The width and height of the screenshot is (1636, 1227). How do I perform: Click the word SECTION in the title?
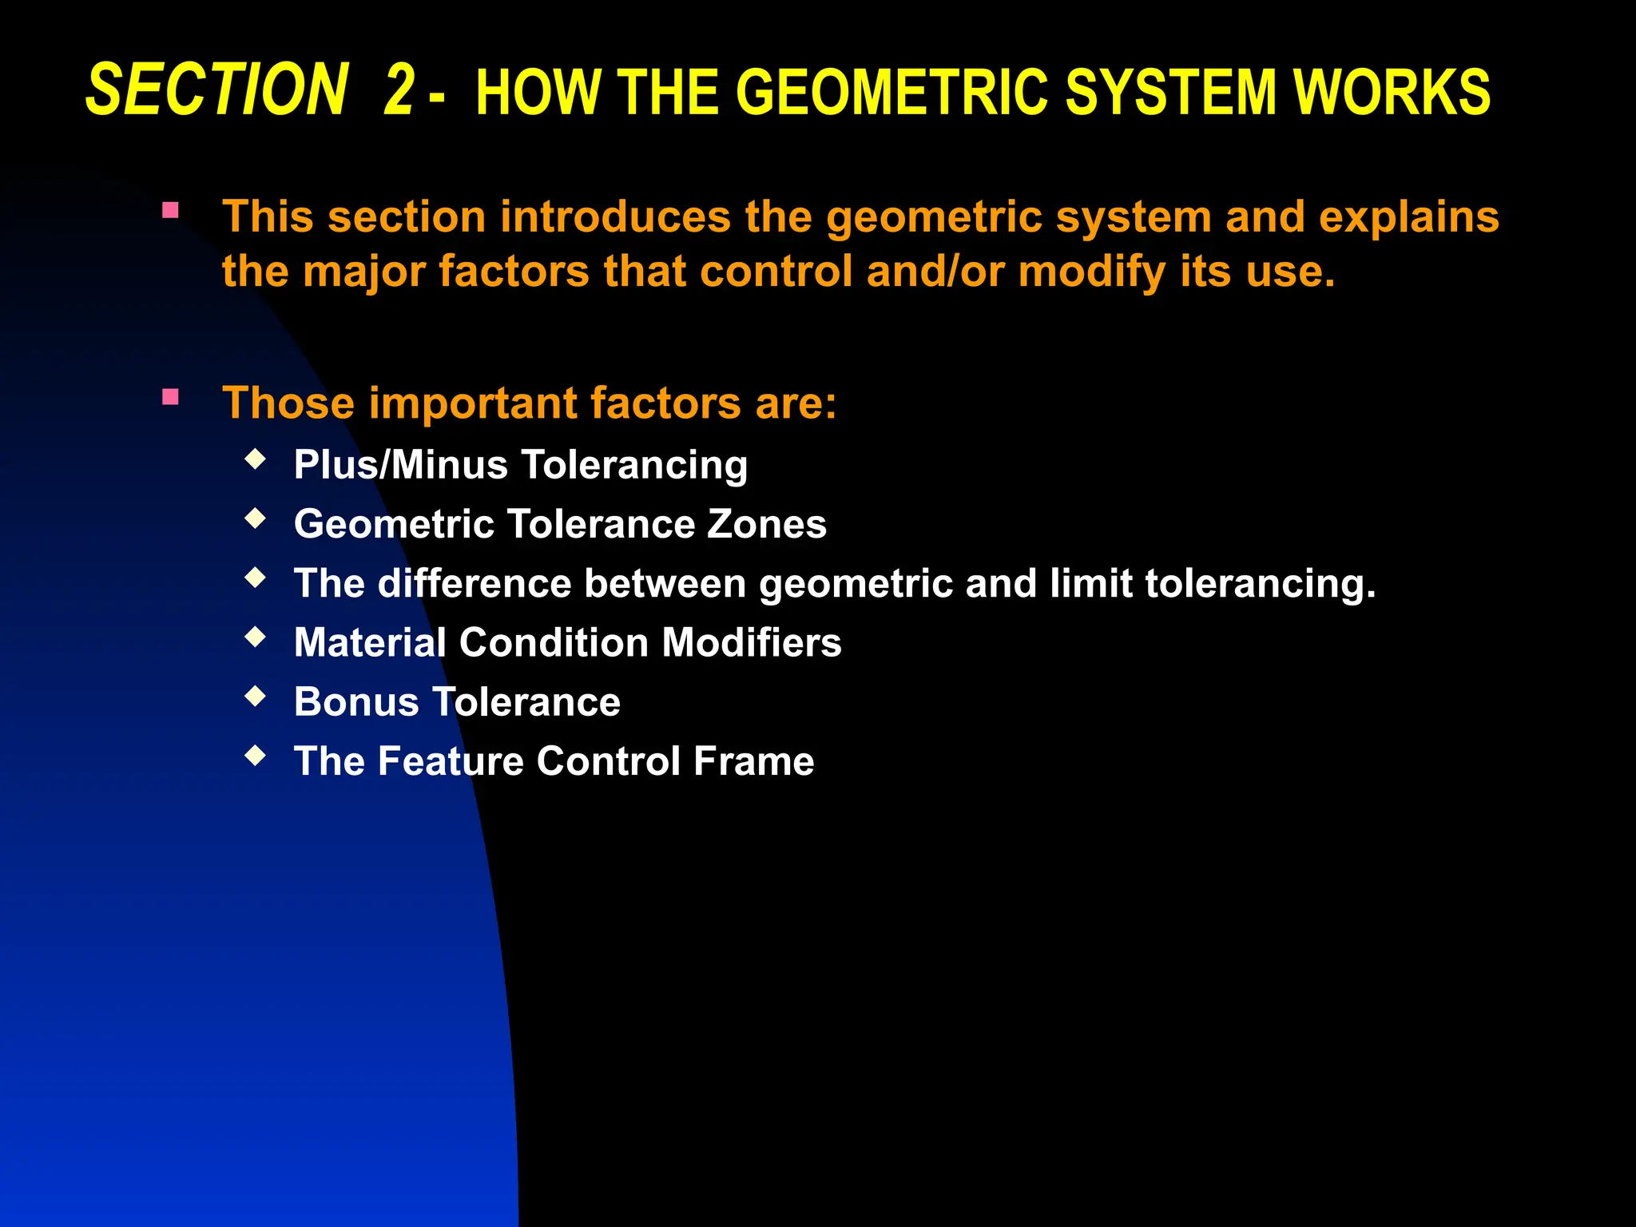[216, 90]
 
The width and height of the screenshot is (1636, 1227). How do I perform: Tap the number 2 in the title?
[399, 90]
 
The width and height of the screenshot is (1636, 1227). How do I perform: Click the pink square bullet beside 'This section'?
[170, 211]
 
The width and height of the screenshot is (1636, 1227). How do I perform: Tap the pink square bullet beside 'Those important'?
[170, 397]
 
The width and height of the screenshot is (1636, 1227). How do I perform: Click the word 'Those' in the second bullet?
[288, 403]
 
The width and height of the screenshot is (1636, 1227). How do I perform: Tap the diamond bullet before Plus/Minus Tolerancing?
[255, 459]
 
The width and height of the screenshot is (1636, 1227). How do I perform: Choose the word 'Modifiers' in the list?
[752, 643]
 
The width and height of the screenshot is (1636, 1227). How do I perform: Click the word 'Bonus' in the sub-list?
[356, 702]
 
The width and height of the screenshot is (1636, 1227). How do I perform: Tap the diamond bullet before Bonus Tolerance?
[255, 696]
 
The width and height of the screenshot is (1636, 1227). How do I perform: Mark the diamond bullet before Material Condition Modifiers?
[255, 637]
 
